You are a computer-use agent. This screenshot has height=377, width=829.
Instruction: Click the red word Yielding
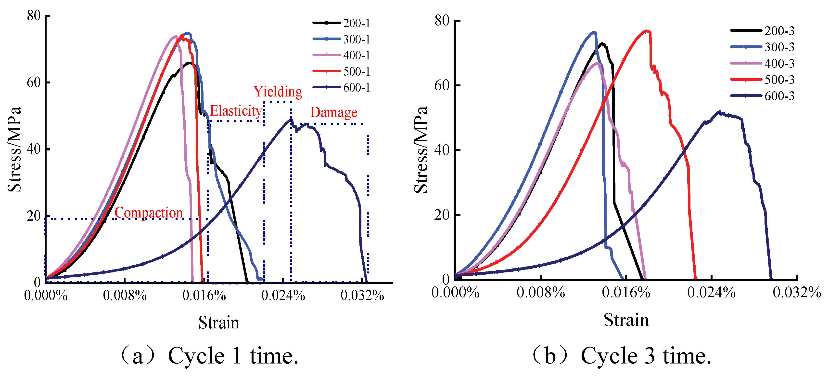[x=278, y=92]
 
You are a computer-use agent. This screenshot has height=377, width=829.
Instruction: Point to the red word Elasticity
[x=236, y=111]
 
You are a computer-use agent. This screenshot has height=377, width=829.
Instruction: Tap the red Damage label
[x=334, y=112]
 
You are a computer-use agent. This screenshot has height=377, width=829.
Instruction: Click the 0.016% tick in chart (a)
[x=204, y=296]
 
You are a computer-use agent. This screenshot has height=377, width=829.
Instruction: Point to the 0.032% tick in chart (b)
[x=797, y=293]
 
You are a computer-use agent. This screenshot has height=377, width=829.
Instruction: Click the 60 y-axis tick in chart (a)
[x=34, y=82]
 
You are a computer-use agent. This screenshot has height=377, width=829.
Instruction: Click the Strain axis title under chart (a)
[x=219, y=323]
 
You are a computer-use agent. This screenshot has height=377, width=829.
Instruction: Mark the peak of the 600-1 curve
[x=291, y=119]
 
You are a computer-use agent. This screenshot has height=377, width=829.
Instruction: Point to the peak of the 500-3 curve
[x=646, y=31]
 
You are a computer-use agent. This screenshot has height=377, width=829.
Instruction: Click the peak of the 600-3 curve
[x=719, y=112]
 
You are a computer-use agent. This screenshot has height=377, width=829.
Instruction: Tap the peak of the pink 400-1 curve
[x=176, y=36]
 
